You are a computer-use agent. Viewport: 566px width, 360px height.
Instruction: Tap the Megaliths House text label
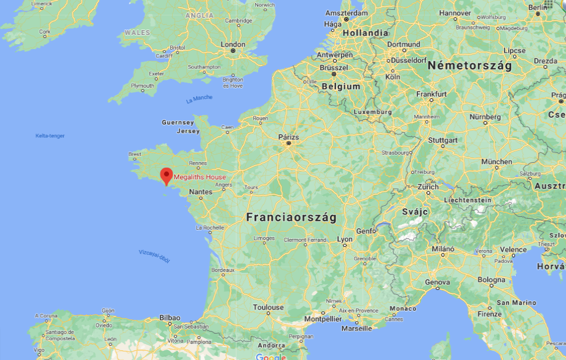pos(200,177)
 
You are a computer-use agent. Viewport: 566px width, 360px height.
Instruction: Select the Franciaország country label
pos(291,217)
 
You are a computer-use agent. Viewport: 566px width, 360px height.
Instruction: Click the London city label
pos(233,44)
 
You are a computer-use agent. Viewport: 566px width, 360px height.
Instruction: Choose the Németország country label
pos(470,66)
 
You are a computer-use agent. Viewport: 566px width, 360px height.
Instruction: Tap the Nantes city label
pos(201,192)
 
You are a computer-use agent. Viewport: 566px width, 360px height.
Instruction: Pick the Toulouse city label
pos(269,307)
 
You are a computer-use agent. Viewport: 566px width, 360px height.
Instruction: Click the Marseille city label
pos(356,328)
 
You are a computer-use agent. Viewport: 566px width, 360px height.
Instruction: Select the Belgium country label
pos(340,87)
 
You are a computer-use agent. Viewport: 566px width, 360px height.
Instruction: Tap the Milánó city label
pos(442,249)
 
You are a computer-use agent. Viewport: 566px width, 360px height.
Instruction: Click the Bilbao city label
pos(170,318)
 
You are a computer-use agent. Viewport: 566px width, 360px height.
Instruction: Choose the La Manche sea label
pos(198,99)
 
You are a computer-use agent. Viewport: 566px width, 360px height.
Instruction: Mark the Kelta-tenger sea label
pos(50,136)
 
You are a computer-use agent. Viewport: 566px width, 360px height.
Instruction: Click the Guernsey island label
pos(178,122)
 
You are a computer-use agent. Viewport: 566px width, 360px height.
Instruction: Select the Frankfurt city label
pos(431,94)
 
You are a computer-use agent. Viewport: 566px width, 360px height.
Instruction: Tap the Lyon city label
pos(345,239)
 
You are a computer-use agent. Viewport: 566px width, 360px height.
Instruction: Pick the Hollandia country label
pos(365,33)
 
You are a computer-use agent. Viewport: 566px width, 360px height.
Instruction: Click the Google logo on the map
pos(271,357)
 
